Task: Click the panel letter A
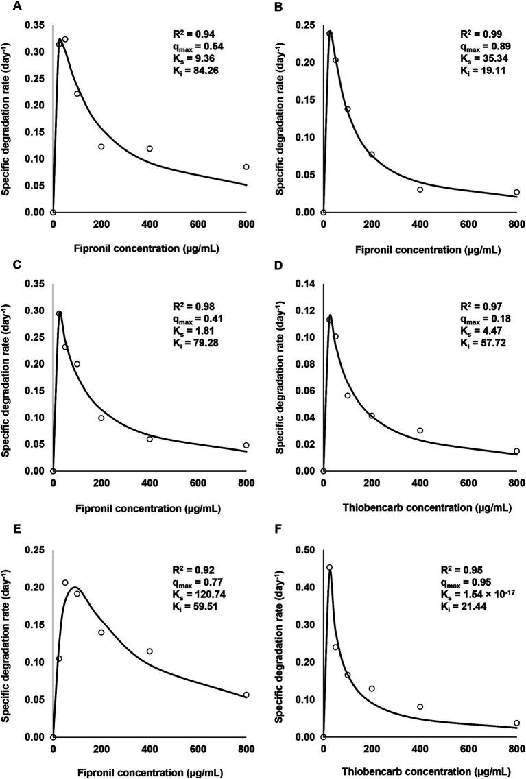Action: point(5,5)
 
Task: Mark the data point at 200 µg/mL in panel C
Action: point(101,418)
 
